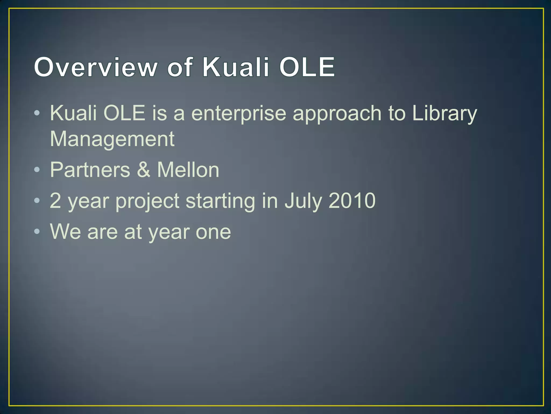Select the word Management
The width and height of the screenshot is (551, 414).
pyautogui.click(x=112, y=139)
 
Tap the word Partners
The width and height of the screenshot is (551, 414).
pyautogui.click(x=90, y=170)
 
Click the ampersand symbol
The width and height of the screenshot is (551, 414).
pyautogui.click(x=144, y=170)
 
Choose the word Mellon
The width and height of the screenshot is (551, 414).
pyautogui.click(x=188, y=170)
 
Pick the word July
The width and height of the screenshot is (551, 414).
pyautogui.click(x=303, y=201)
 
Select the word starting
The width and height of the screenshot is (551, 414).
pyautogui.click(x=220, y=201)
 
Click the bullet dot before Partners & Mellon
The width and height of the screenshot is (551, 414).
pyautogui.click(x=37, y=170)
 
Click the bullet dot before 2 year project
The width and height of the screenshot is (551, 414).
pyautogui.click(x=37, y=201)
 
